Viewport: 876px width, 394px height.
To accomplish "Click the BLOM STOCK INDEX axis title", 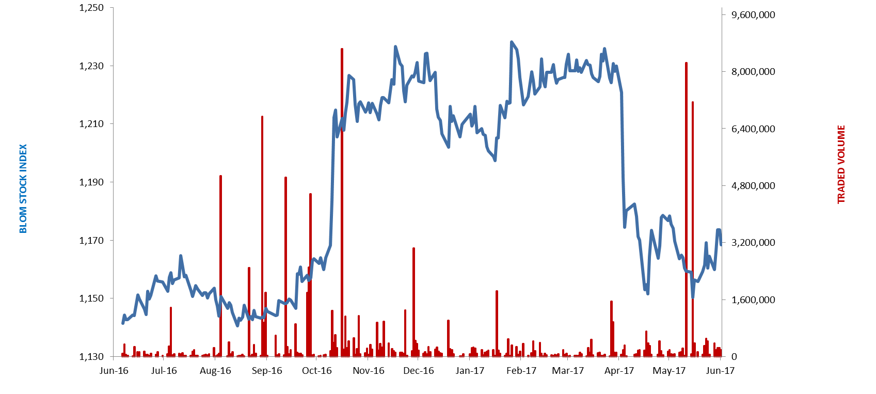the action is pos(23,188).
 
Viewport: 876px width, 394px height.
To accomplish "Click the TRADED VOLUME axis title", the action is pos(841,164).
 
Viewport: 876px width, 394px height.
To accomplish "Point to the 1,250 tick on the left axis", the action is pos(91,8).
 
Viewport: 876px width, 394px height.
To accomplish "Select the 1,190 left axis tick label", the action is pos(91,182).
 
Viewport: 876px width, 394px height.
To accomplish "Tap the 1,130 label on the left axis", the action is pos(91,357).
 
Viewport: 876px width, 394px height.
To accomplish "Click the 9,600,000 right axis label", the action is pos(753,15).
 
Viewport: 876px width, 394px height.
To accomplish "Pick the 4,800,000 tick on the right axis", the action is pos(753,186).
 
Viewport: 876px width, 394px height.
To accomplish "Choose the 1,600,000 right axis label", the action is pos(753,300).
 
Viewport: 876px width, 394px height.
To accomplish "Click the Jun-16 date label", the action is pos(114,371).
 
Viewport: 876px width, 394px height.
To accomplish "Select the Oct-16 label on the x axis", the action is pos(317,371).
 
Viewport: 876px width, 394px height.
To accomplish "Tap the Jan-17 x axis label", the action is pos(470,371).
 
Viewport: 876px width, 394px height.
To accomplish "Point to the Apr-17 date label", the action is pos(619,371).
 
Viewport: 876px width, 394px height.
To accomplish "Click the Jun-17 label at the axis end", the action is pos(720,371).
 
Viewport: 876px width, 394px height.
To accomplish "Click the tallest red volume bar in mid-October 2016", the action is pos(342,202).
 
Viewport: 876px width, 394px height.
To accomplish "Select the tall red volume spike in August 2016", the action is pos(220,266).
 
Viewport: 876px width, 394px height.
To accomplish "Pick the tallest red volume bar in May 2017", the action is pos(686,210).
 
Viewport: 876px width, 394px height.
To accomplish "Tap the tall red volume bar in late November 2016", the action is pos(413,302).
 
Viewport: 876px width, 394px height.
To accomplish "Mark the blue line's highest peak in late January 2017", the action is pos(512,42).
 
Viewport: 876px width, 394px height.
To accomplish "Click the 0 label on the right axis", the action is pos(734,357).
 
